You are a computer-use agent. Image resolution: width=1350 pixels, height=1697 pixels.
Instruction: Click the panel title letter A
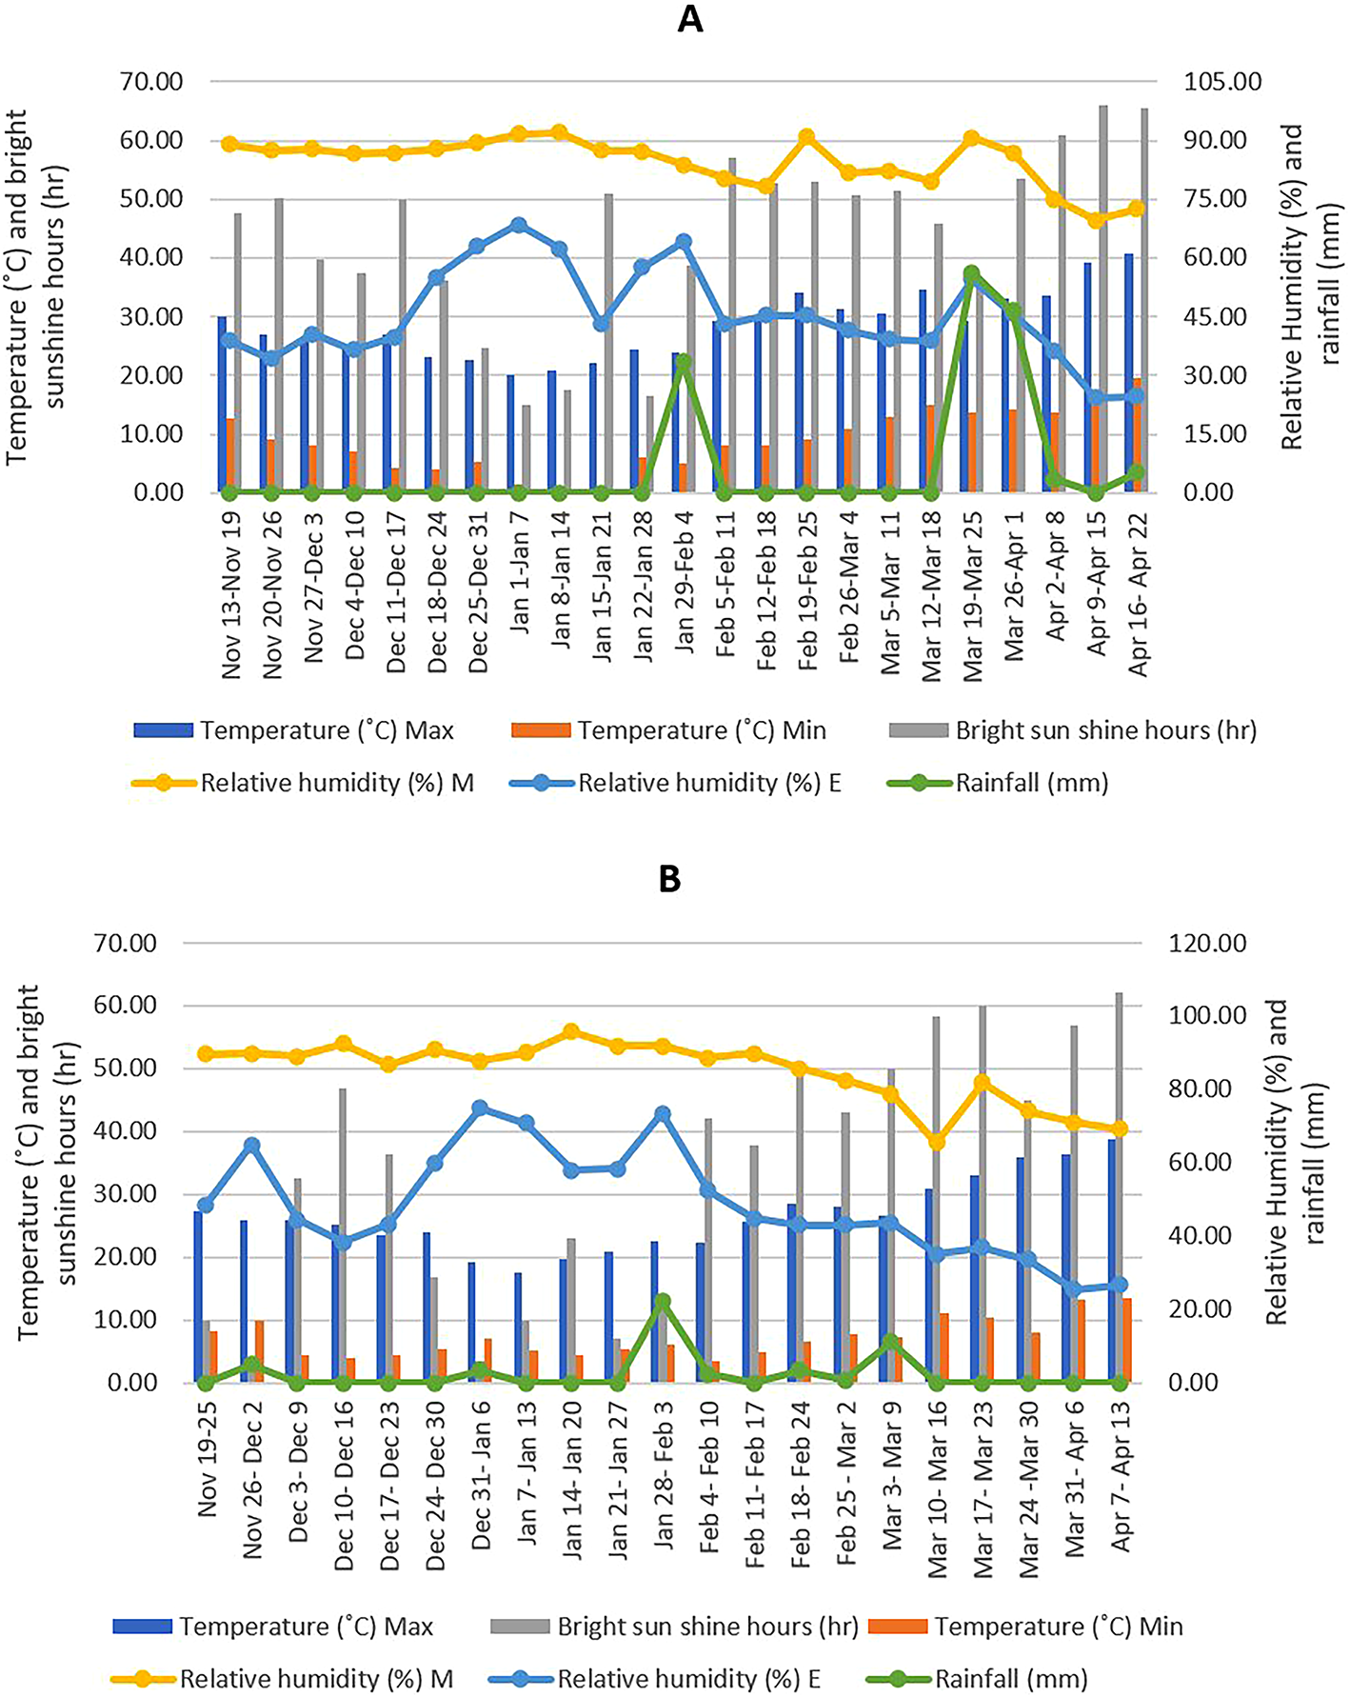point(689,19)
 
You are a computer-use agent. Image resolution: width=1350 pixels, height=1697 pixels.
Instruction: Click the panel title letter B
point(669,879)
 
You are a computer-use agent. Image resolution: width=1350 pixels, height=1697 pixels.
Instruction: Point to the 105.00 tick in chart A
point(1222,82)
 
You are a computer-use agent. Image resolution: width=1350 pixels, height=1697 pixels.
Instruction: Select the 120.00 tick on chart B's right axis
point(1208,944)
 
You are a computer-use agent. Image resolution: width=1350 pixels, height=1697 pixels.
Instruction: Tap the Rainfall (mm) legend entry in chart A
point(1031,784)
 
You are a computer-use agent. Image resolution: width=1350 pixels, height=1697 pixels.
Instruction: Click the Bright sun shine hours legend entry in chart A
point(1105,730)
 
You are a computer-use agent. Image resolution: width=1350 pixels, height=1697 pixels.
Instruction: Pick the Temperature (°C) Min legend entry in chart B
point(1058,1627)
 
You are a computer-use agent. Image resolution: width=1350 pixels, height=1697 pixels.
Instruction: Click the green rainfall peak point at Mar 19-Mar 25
point(971,274)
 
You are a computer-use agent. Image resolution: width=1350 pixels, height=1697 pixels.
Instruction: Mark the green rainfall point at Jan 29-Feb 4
point(683,362)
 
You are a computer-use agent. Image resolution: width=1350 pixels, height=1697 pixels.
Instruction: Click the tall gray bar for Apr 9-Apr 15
point(1102,286)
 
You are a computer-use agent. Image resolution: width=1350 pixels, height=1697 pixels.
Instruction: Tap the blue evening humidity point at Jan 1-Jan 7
point(519,226)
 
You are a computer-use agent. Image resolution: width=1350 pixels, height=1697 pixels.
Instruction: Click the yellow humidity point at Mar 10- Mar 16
point(937,1142)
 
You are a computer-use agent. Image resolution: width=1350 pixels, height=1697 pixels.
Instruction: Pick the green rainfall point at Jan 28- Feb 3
point(664,1301)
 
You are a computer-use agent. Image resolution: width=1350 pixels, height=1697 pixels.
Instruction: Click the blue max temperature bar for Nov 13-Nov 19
point(222,404)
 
